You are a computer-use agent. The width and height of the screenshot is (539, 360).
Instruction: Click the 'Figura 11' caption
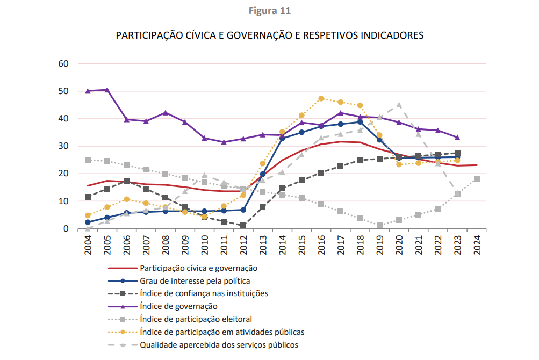(x=269, y=10)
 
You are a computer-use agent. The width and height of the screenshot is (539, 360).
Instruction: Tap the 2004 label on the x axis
(x=88, y=245)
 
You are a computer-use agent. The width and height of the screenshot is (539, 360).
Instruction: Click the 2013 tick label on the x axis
(x=263, y=245)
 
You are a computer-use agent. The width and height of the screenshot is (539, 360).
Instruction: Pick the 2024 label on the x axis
(x=477, y=245)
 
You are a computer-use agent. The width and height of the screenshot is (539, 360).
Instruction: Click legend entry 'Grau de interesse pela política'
(x=195, y=280)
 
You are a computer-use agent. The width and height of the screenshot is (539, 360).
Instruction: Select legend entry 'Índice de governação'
(x=178, y=306)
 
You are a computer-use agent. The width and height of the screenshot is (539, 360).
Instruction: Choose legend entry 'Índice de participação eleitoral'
(x=196, y=319)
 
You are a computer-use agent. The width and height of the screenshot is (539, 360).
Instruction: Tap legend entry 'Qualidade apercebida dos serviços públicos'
(x=219, y=345)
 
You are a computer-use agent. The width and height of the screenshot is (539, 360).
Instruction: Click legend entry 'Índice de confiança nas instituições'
(x=204, y=293)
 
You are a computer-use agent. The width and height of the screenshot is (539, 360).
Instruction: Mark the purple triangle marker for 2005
(x=107, y=90)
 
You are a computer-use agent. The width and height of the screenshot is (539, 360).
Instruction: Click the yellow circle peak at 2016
(x=321, y=98)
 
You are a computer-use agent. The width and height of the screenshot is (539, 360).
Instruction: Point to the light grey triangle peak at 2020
(x=399, y=105)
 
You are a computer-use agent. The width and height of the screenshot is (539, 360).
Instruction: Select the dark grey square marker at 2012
(x=243, y=226)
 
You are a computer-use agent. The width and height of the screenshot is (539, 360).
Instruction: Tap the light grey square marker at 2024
(x=477, y=179)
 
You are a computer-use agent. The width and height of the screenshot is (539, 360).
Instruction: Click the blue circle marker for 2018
(x=360, y=122)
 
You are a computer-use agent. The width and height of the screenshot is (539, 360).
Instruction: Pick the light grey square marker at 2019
(x=379, y=226)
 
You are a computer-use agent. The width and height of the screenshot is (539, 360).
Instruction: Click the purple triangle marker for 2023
(x=457, y=138)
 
